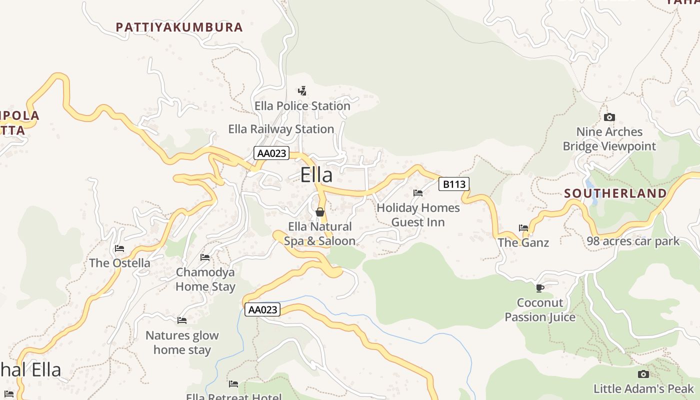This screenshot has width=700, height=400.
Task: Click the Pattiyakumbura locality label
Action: pos(179,27)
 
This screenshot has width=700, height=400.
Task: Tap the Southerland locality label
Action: pos(615,193)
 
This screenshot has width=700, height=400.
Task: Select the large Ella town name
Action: pos(316,175)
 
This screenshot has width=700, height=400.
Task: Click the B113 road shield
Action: pos(454,184)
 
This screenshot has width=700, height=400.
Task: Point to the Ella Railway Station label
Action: pos(281,129)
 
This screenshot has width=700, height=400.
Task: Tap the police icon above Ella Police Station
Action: pos(302,91)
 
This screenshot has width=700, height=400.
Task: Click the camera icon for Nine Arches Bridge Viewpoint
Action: pos(609,117)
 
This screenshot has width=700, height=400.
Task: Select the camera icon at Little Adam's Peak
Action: pos(643,374)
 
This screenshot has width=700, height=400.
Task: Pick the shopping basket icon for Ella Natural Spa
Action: pos(320,212)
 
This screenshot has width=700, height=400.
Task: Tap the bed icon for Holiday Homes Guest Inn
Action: pos(418,193)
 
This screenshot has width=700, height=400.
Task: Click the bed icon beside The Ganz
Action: pos(523,228)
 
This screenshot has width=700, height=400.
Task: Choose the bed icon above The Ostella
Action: pos(119,248)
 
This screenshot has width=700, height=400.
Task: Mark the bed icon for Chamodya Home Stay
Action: pos(205,257)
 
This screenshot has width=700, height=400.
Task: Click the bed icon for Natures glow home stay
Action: pos(182,320)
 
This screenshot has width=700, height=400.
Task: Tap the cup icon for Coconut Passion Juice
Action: pos(539,288)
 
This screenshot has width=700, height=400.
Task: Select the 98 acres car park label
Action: pos(633,241)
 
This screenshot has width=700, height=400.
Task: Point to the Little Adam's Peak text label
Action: pos(643,388)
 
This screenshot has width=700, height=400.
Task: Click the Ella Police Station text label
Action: pos(302,106)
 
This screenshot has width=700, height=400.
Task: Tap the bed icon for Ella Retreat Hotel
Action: pos(233,384)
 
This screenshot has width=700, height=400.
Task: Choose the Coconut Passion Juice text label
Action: pos(540,310)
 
